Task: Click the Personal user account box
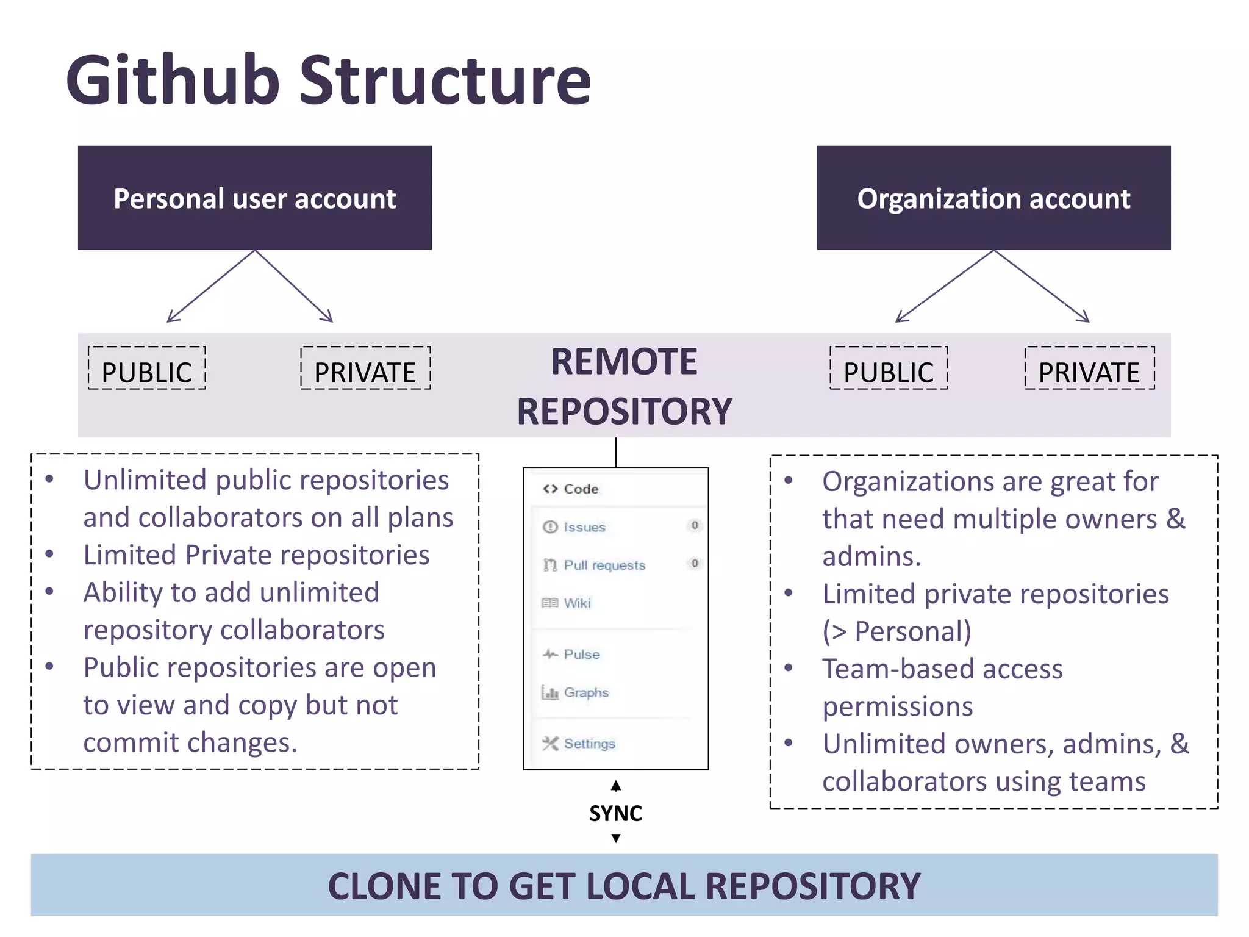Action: point(255,198)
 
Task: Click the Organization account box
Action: point(993,198)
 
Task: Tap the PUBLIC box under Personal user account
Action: point(147,369)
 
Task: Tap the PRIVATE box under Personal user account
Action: point(365,369)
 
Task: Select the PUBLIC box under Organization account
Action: point(889,369)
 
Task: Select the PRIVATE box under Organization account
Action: point(1089,369)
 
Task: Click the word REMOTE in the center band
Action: point(624,362)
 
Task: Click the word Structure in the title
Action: point(445,81)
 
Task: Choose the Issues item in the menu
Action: point(584,527)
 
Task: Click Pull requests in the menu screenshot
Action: point(604,565)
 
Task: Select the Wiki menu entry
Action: point(577,603)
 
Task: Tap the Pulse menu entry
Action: point(581,654)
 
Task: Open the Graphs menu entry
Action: point(585,692)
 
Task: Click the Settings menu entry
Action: point(589,744)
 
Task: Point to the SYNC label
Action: point(615,813)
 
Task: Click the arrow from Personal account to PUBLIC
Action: point(211,286)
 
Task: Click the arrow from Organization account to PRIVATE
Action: point(1042,286)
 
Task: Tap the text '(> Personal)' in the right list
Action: point(896,631)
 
